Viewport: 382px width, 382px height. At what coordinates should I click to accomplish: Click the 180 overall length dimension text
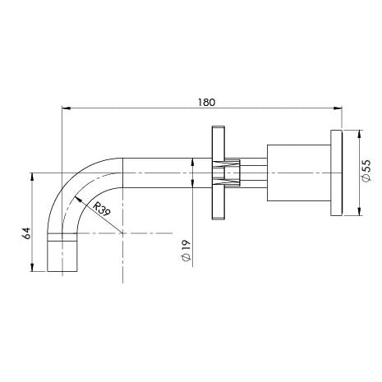pyautogui.click(x=207, y=103)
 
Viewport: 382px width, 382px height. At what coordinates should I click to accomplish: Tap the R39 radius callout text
pyautogui.click(x=101, y=209)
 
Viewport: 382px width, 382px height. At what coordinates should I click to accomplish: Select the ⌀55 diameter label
pyautogui.click(x=366, y=170)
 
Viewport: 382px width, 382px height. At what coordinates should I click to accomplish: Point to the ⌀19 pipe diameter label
pyautogui.click(x=186, y=251)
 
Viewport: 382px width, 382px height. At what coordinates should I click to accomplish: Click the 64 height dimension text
pyautogui.click(x=26, y=233)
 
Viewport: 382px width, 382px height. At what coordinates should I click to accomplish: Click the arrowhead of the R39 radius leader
pyautogui.click(x=78, y=200)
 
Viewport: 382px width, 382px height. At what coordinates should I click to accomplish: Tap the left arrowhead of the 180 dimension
pyautogui.click(x=67, y=108)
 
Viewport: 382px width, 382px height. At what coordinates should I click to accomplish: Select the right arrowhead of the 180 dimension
pyautogui.click(x=338, y=108)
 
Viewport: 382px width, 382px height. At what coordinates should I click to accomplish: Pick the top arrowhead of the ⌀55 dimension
pyautogui.click(x=360, y=134)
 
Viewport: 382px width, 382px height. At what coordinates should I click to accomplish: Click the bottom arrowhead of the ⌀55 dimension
pyautogui.click(x=360, y=211)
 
